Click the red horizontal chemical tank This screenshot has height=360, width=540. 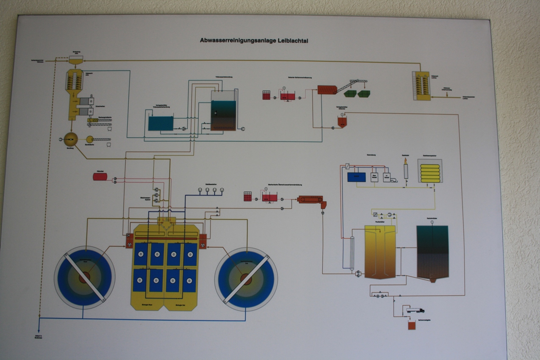(x=100, y=176)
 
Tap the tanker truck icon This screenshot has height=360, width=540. (x=415, y=310)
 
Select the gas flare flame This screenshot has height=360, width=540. (x=405, y=161)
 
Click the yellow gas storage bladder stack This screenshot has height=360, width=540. (x=430, y=172)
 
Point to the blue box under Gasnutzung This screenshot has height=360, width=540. (x=356, y=177)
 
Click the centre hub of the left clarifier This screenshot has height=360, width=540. (x=84, y=277)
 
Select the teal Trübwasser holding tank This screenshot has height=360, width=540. (x=161, y=123)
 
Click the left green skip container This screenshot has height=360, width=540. (x=350, y=93)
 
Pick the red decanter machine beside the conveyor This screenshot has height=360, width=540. (x=327, y=89)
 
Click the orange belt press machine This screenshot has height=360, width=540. (x=310, y=199)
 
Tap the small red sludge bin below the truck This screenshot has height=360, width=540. (x=411, y=325)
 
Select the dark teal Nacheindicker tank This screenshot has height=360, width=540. (x=432, y=252)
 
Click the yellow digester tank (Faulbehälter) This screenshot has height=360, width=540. (x=380, y=252)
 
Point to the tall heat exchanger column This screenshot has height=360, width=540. (x=352, y=253)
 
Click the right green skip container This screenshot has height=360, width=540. (x=364, y=93)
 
